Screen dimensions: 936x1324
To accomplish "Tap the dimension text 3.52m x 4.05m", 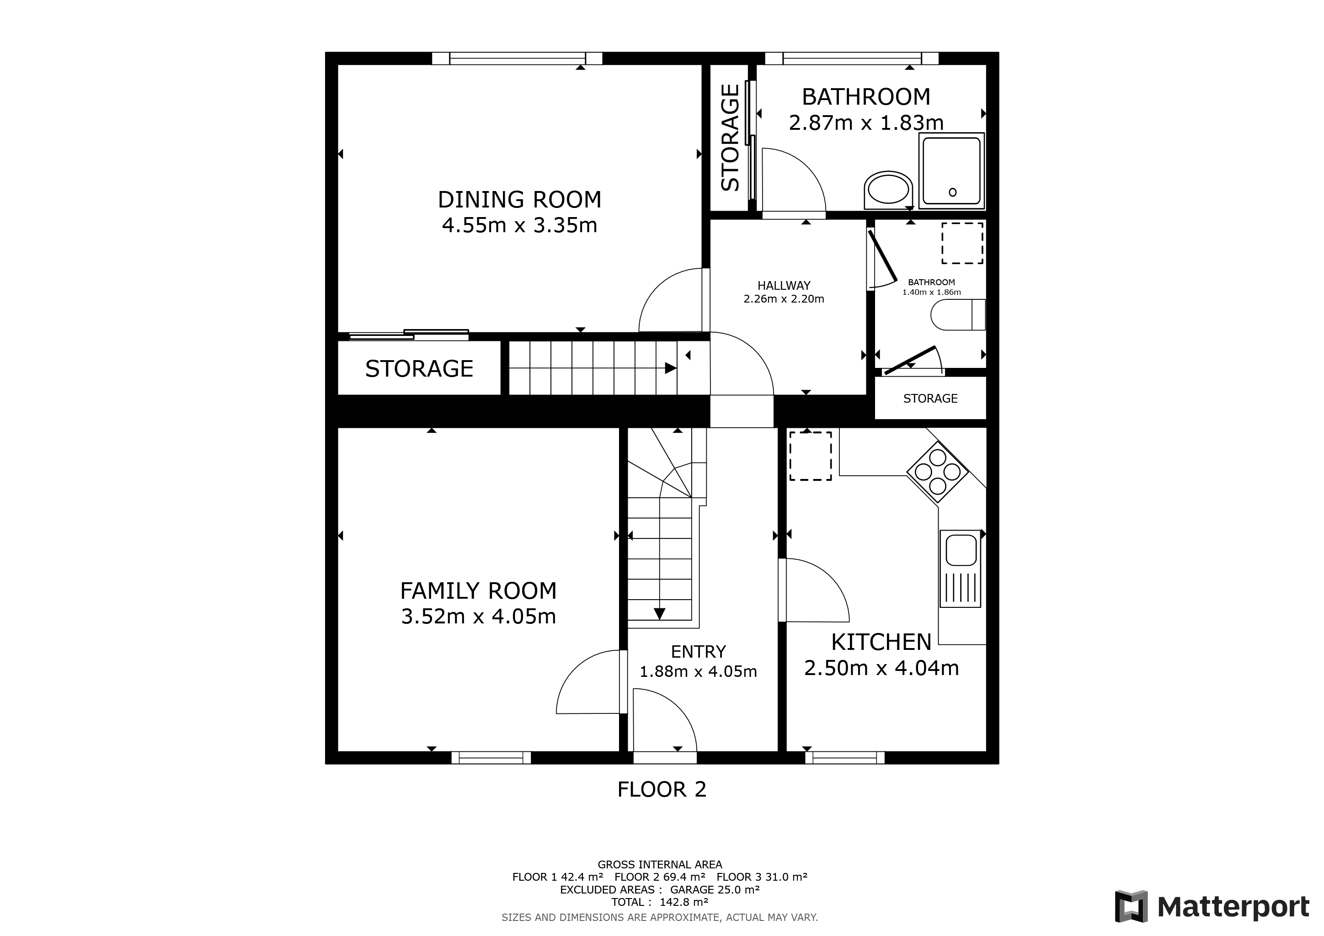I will (x=478, y=617).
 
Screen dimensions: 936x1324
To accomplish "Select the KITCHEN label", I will (x=881, y=642).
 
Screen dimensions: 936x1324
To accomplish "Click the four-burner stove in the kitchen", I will (x=938, y=472).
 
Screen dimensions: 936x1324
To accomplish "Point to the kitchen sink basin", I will (x=961, y=550).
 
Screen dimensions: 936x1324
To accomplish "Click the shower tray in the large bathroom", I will (x=951, y=170).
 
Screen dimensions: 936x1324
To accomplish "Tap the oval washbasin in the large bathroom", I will (x=888, y=190).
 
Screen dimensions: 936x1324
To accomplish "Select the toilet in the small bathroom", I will (x=957, y=315).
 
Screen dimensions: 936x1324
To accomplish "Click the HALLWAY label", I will (x=784, y=285).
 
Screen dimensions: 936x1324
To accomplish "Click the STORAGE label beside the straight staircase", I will (x=419, y=369).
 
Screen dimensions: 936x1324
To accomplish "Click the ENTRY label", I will (x=698, y=652).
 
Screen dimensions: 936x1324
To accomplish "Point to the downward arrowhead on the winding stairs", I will (x=659, y=614).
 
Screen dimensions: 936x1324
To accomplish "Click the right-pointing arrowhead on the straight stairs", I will (x=670, y=368).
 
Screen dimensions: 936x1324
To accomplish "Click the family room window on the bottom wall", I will (x=491, y=758).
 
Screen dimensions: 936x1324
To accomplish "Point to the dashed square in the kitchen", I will (x=810, y=456).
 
